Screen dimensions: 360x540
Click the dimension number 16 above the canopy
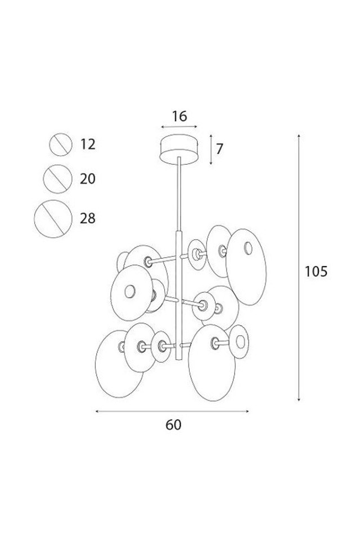[179, 116]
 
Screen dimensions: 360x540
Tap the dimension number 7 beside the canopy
[219, 148]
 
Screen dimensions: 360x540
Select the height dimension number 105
[316, 272]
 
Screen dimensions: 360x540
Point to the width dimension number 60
[173, 425]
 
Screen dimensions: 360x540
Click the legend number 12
[88, 144]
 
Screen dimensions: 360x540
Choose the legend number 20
[88, 179]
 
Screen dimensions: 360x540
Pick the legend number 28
[88, 218]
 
